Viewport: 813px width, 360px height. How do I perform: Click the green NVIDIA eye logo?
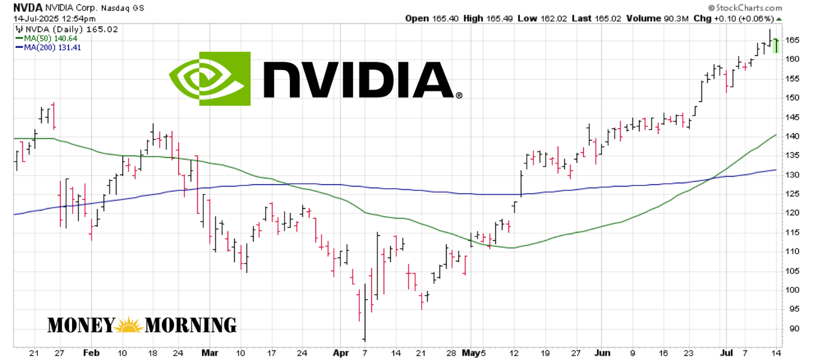pos(210,79)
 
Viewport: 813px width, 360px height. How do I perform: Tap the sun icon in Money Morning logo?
pos(130,325)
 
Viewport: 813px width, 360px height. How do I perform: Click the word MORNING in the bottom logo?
pos(191,325)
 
